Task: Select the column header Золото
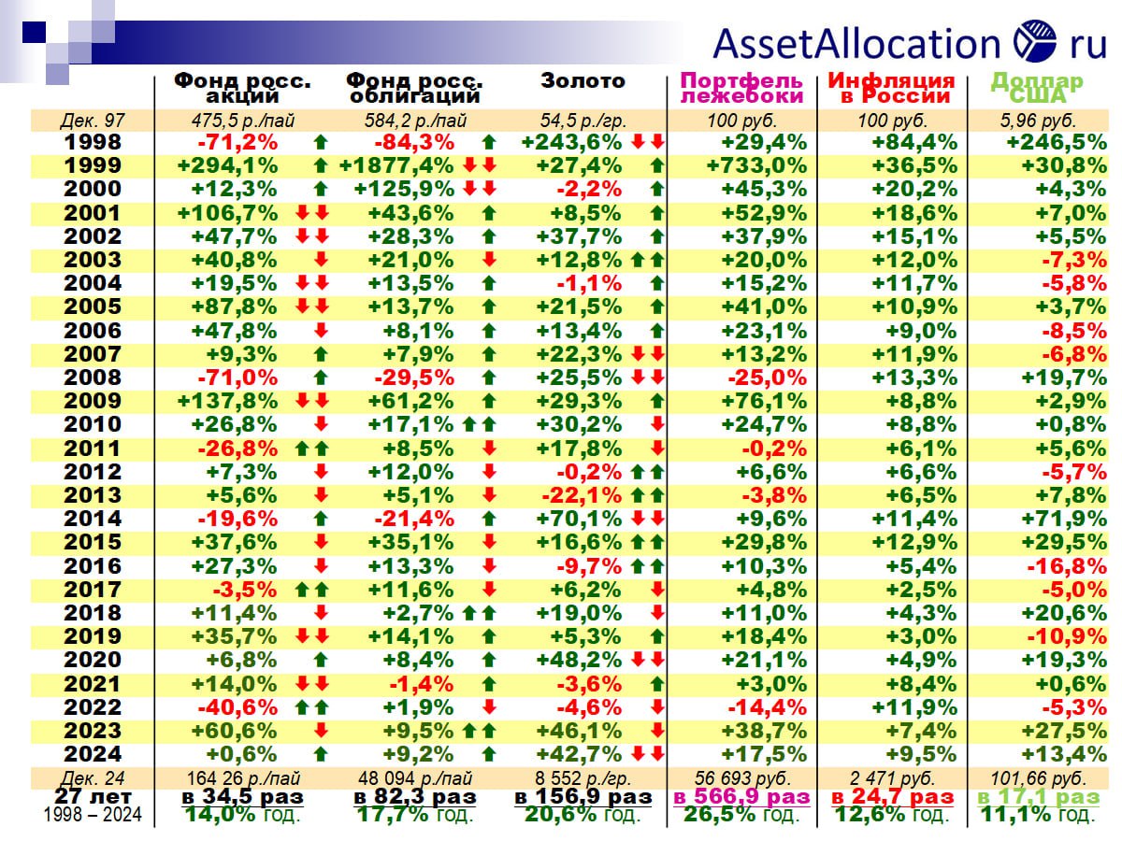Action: coord(583,81)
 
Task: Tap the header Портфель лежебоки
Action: coord(742,88)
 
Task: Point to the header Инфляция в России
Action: coord(891,88)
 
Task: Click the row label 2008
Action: coord(93,378)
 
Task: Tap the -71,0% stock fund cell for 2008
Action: coord(237,378)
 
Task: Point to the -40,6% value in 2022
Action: coord(237,707)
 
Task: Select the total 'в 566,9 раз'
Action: coord(742,797)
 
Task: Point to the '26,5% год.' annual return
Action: coord(742,815)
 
